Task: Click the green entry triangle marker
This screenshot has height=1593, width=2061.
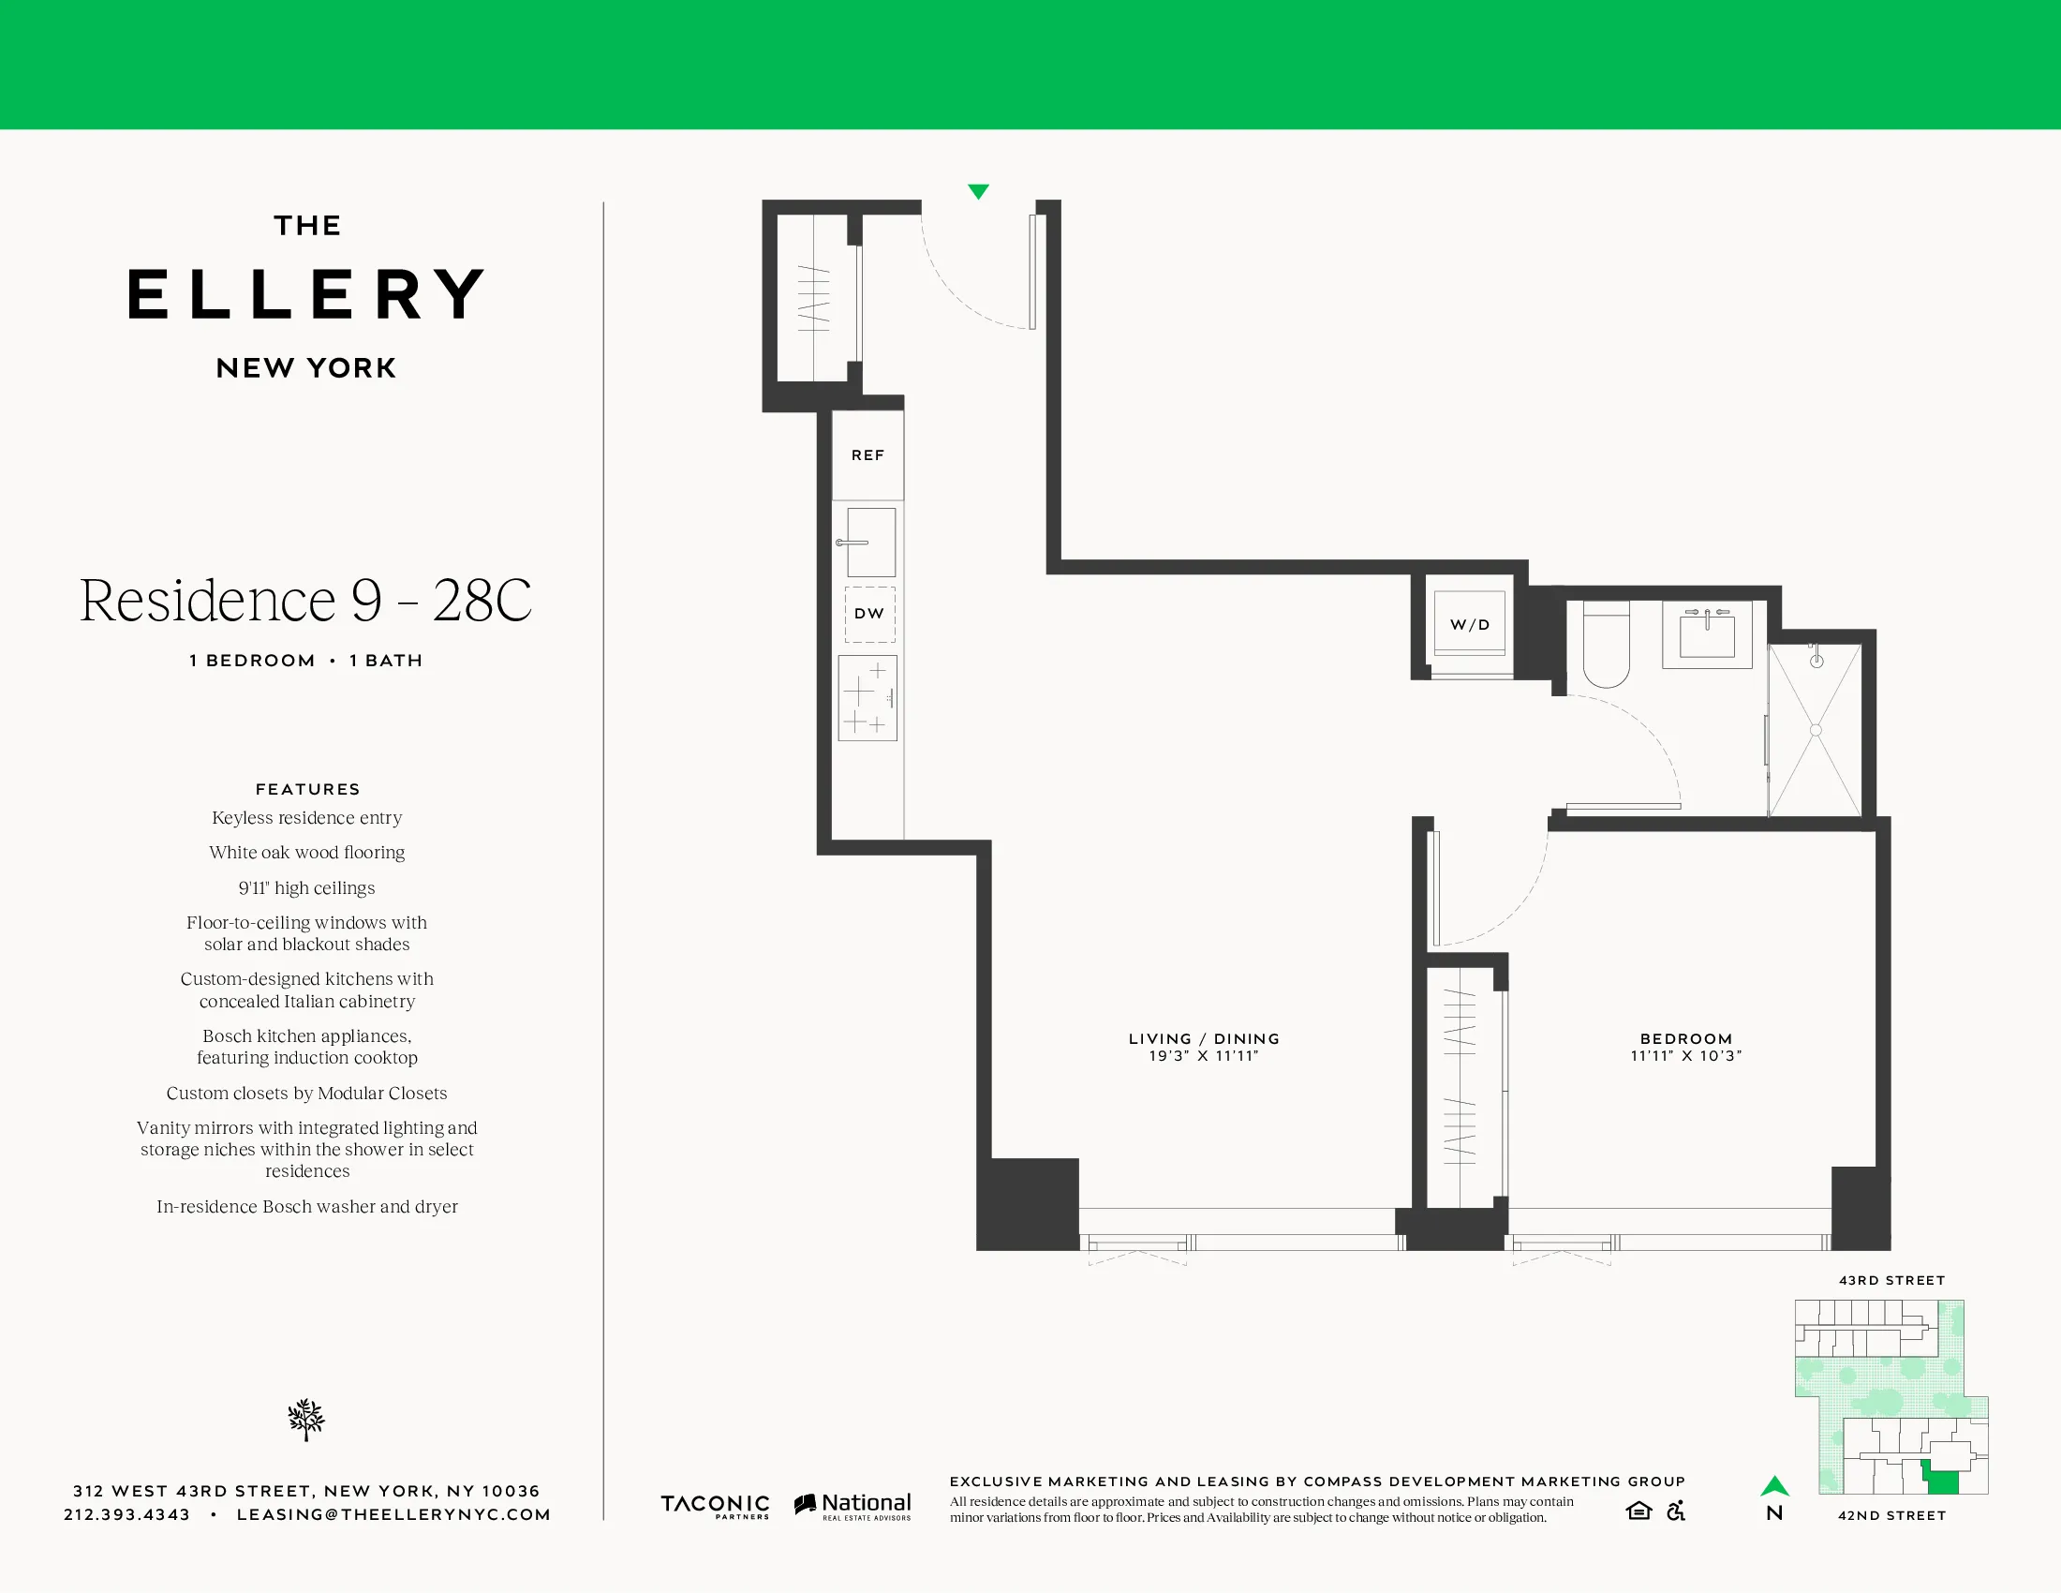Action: pos(979,191)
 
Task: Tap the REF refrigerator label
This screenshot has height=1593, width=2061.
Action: pos(867,454)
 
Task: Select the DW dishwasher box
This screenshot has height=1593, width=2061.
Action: pos(869,614)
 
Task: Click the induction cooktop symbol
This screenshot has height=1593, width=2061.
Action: pos(867,698)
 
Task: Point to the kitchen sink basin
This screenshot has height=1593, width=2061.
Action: pos(871,543)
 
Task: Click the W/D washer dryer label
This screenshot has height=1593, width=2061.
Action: pos(1469,625)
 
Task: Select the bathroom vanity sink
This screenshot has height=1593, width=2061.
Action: pos(1707,633)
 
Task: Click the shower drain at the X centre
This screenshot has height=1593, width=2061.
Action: pos(1816,729)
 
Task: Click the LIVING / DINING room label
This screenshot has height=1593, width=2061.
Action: pos(1204,1038)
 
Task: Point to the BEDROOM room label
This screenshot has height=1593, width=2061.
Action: pos(1686,1038)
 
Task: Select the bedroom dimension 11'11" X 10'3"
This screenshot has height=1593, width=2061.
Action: pos(1686,1056)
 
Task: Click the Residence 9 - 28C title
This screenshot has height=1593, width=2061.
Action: pos(305,601)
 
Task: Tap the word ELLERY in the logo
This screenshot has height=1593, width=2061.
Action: pos(306,294)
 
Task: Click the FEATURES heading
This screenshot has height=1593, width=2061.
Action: pos(307,789)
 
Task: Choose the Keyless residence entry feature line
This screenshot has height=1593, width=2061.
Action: pos(306,818)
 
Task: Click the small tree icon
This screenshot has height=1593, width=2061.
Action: pos(305,1420)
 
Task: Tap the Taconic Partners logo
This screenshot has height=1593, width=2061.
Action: pos(715,1505)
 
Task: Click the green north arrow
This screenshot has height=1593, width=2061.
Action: pos(1774,1486)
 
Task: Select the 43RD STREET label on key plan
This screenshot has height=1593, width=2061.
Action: pos(1891,1281)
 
